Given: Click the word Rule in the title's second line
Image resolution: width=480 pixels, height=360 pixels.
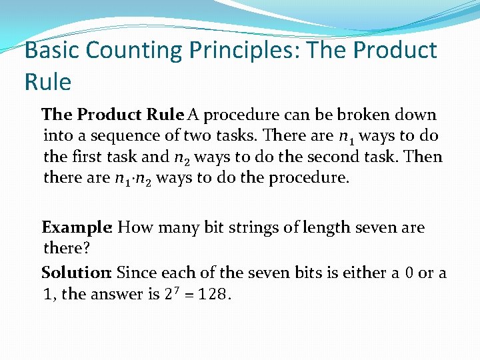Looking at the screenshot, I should (47, 82).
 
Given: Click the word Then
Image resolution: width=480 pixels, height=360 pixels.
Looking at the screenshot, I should (425, 157).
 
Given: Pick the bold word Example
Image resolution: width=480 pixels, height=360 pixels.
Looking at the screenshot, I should (77, 227).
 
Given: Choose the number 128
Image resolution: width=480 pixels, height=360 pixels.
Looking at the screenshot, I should (213, 294).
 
